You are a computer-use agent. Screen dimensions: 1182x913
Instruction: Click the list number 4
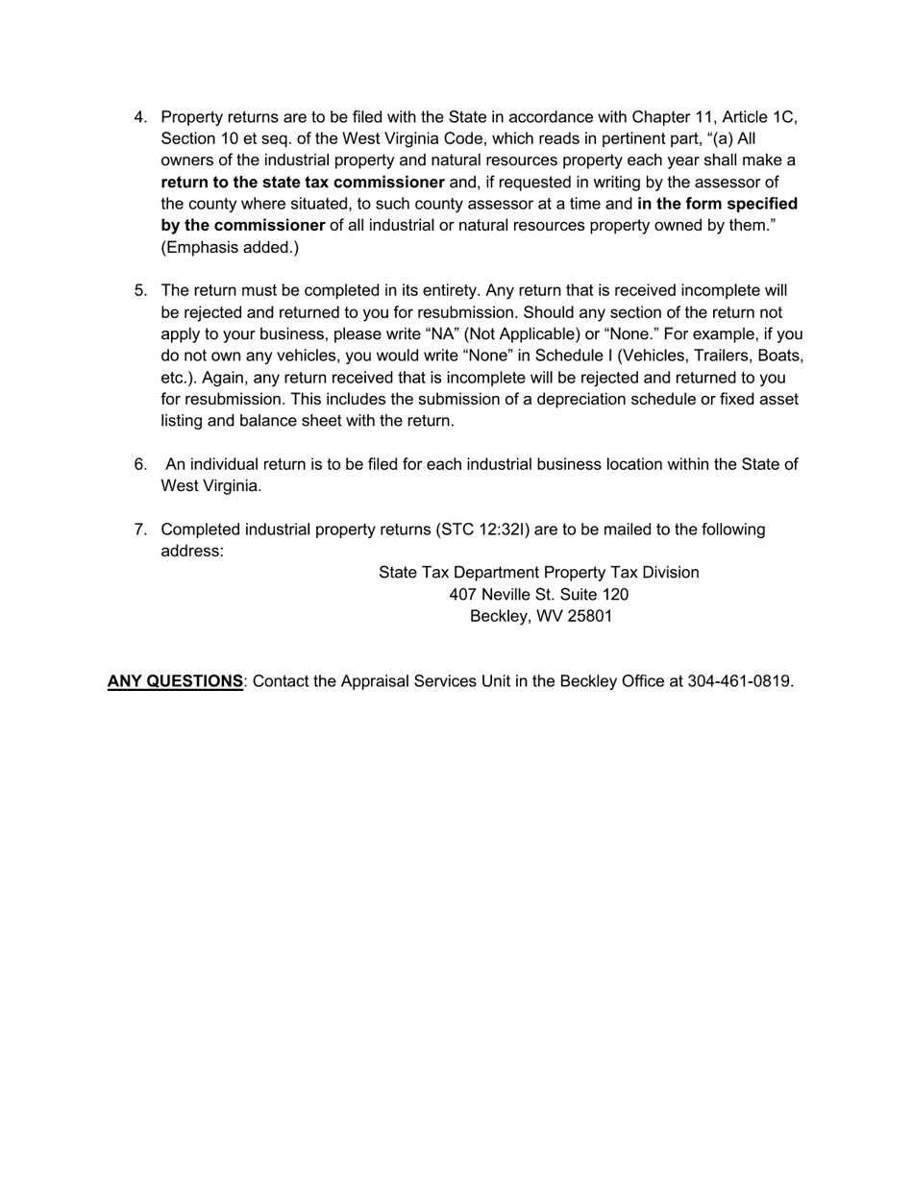click(x=140, y=117)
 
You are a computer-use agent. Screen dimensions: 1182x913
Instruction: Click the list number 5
click(x=140, y=290)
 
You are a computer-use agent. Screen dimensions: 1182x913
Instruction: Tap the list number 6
click(x=140, y=464)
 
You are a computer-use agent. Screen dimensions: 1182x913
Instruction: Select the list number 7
click(x=140, y=529)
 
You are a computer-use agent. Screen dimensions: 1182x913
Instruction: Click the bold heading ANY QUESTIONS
click(x=175, y=681)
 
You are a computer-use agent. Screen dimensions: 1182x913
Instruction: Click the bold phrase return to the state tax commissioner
click(x=302, y=183)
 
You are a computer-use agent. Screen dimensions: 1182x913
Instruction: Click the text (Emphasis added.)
click(x=230, y=248)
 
